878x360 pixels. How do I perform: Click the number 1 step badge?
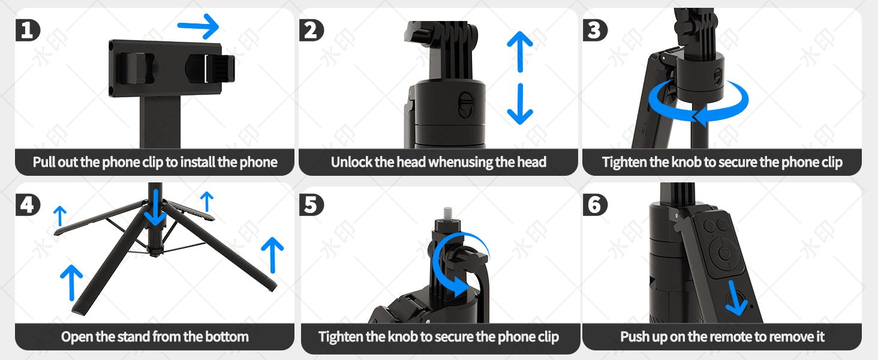point(27,29)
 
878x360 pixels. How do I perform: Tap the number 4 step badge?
point(27,205)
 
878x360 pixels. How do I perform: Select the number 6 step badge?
point(594,205)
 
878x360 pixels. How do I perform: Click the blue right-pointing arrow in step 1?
point(199,27)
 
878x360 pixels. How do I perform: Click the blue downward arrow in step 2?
point(519,103)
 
